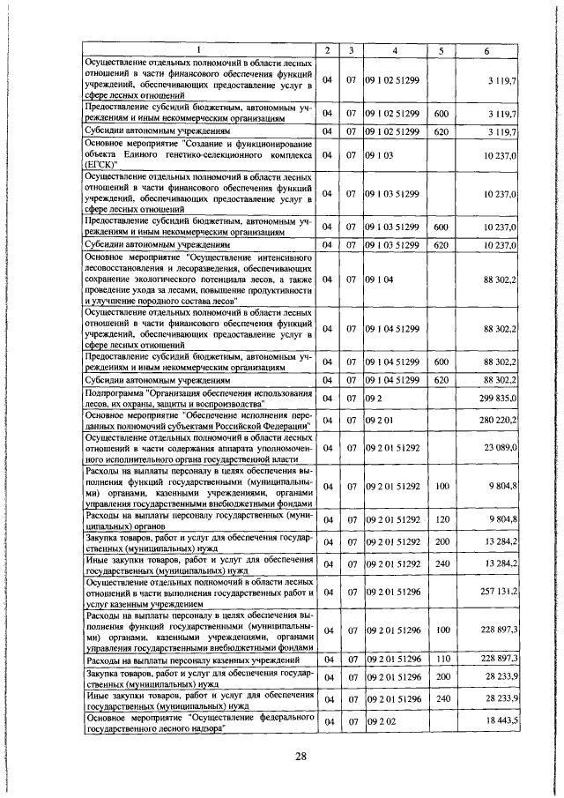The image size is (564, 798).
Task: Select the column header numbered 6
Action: coord(486,48)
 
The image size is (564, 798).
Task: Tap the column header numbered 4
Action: coord(395,48)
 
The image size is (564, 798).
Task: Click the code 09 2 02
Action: coord(381,722)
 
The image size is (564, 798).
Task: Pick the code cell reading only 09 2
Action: coord(375,399)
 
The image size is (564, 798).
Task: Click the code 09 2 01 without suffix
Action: coord(381,420)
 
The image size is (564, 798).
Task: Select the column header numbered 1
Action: coord(198,48)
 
